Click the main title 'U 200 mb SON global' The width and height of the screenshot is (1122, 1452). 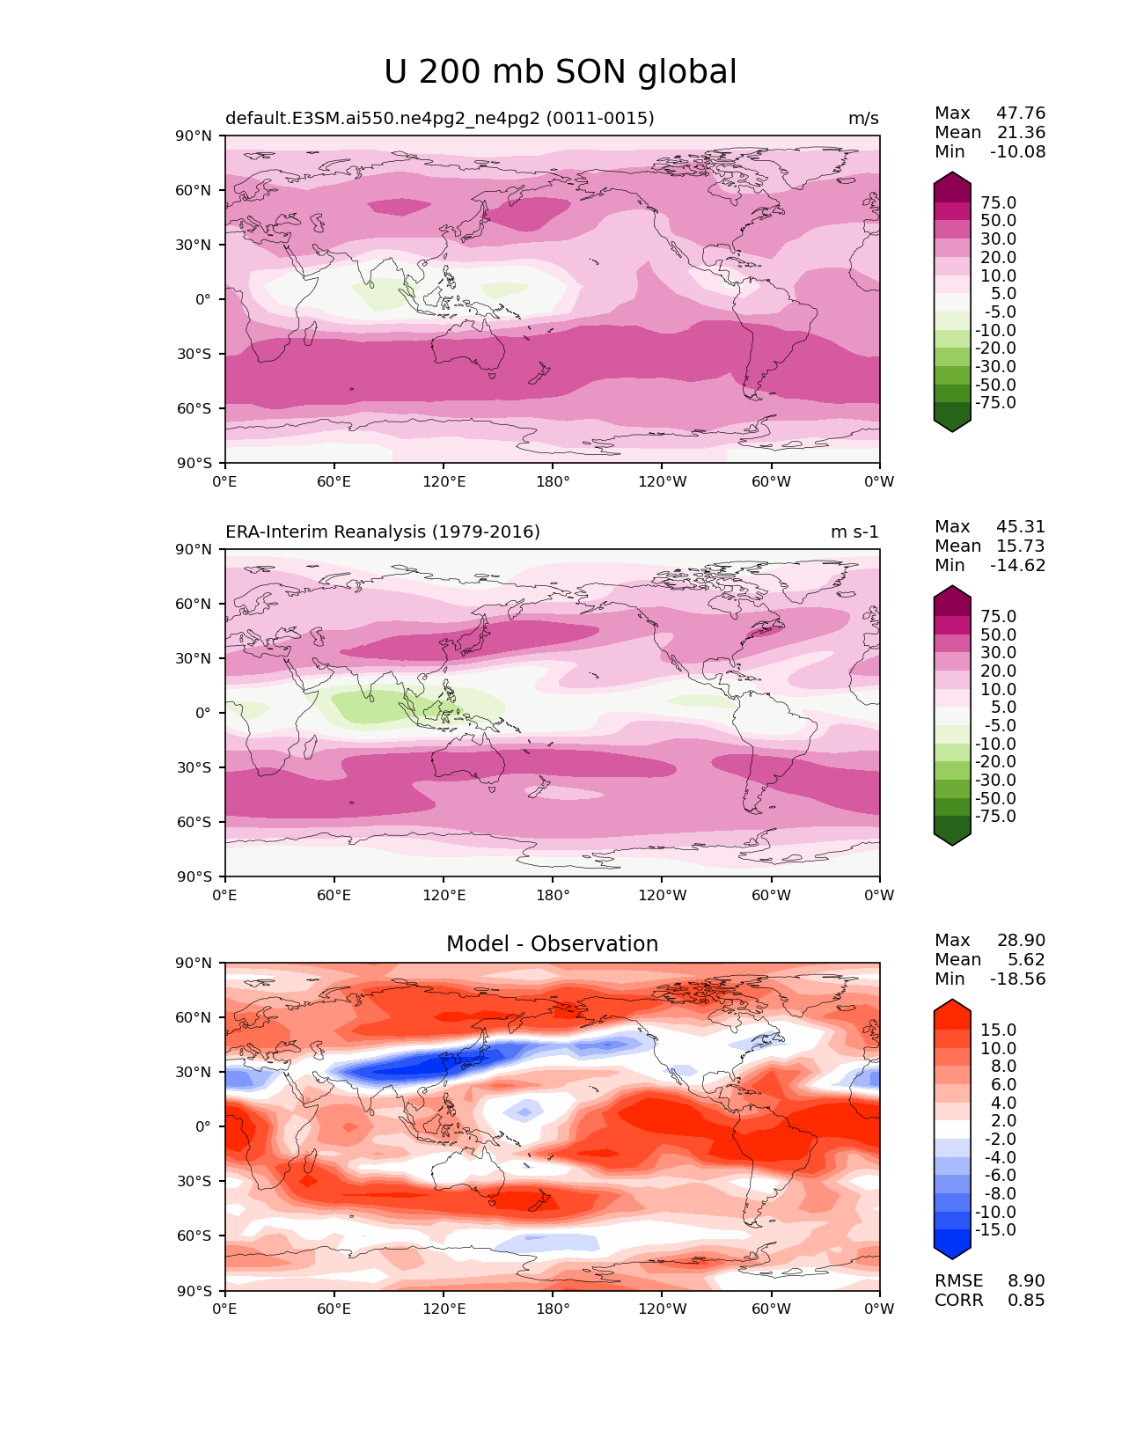(560, 71)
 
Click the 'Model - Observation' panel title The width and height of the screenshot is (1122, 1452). (552, 943)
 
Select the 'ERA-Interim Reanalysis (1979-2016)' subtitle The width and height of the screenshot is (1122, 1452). (382, 532)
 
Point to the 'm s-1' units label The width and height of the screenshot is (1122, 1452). (854, 532)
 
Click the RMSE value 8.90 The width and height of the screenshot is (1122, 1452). (1026, 1280)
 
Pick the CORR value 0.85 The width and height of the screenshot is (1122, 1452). (1026, 1300)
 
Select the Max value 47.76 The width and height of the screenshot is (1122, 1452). (1021, 113)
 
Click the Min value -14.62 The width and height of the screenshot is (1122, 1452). (1017, 565)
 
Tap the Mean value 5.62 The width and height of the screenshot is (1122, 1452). (1026, 959)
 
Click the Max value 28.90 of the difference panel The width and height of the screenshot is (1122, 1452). (1021, 940)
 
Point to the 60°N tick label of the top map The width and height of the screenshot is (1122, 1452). (193, 190)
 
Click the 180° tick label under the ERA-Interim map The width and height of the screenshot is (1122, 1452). (553, 895)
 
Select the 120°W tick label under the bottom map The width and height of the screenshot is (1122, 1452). (663, 1309)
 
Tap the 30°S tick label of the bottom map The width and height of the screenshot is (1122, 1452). (194, 1181)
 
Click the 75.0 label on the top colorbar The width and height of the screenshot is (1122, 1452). (998, 202)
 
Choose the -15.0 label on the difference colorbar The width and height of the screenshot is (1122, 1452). (995, 1229)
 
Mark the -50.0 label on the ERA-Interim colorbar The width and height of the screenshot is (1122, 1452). (995, 798)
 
